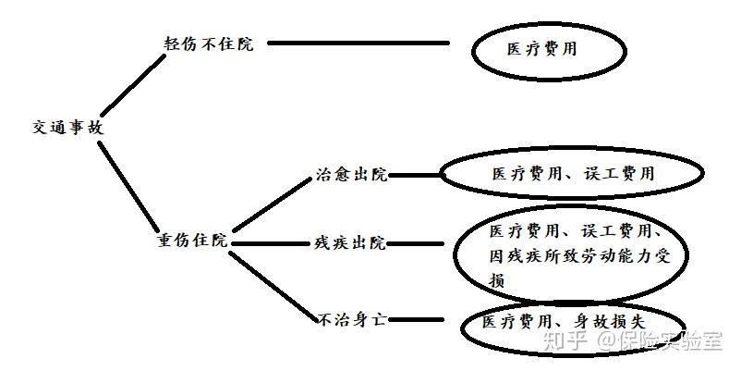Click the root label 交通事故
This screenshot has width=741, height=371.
67,128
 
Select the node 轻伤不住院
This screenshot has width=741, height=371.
208,44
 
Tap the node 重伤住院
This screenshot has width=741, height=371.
191,241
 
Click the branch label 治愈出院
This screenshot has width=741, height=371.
351,175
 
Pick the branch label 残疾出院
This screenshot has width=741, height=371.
350,243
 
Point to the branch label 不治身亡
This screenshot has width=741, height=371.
351,319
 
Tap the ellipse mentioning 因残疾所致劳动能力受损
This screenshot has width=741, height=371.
571,254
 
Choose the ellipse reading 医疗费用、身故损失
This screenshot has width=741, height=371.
564,325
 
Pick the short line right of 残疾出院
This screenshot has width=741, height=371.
419,244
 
